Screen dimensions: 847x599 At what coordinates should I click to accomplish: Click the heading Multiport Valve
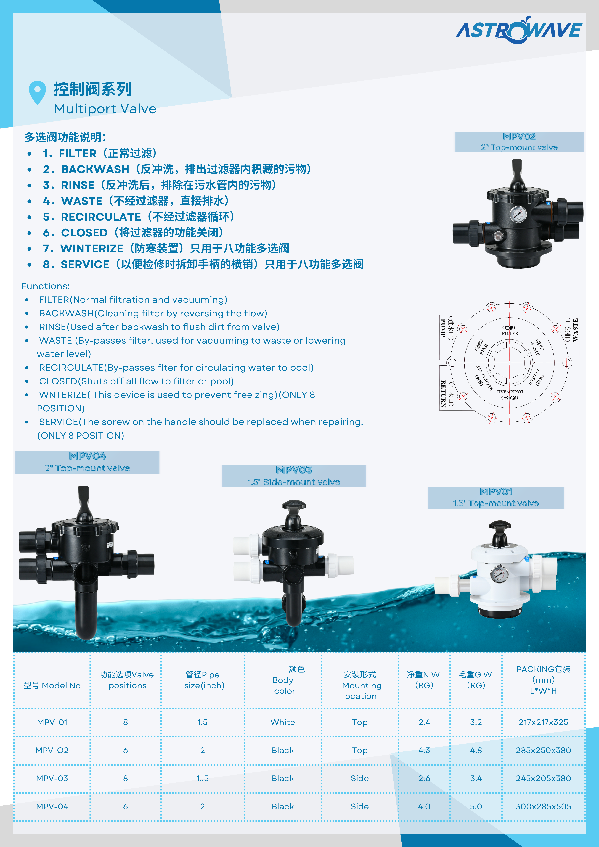click(x=105, y=109)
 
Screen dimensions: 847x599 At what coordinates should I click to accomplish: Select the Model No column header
click(x=52, y=685)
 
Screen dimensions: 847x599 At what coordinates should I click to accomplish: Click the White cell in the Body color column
click(x=283, y=722)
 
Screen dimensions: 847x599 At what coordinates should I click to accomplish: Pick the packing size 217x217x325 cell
click(x=543, y=722)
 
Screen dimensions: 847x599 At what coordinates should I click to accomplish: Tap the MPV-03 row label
click(x=52, y=778)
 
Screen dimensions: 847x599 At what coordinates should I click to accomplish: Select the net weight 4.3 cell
click(x=424, y=750)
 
